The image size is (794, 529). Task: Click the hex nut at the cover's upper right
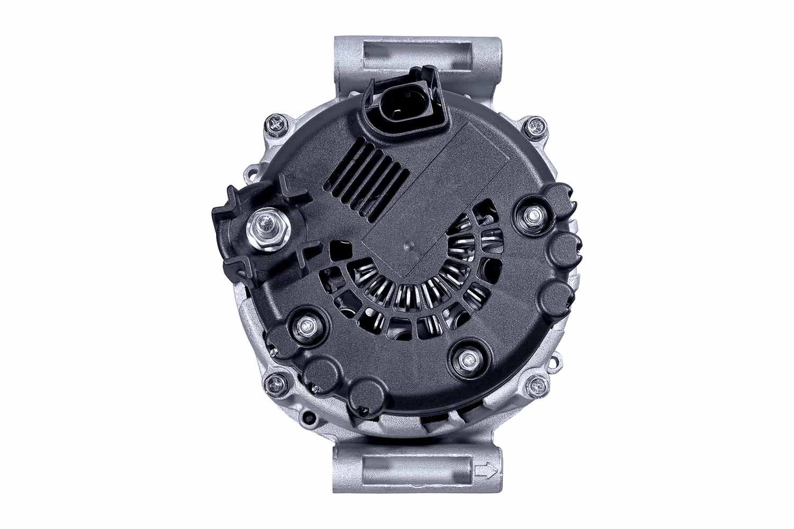[531, 215]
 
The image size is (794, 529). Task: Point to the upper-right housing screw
[535, 126]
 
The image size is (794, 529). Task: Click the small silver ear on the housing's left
[251, 171]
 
